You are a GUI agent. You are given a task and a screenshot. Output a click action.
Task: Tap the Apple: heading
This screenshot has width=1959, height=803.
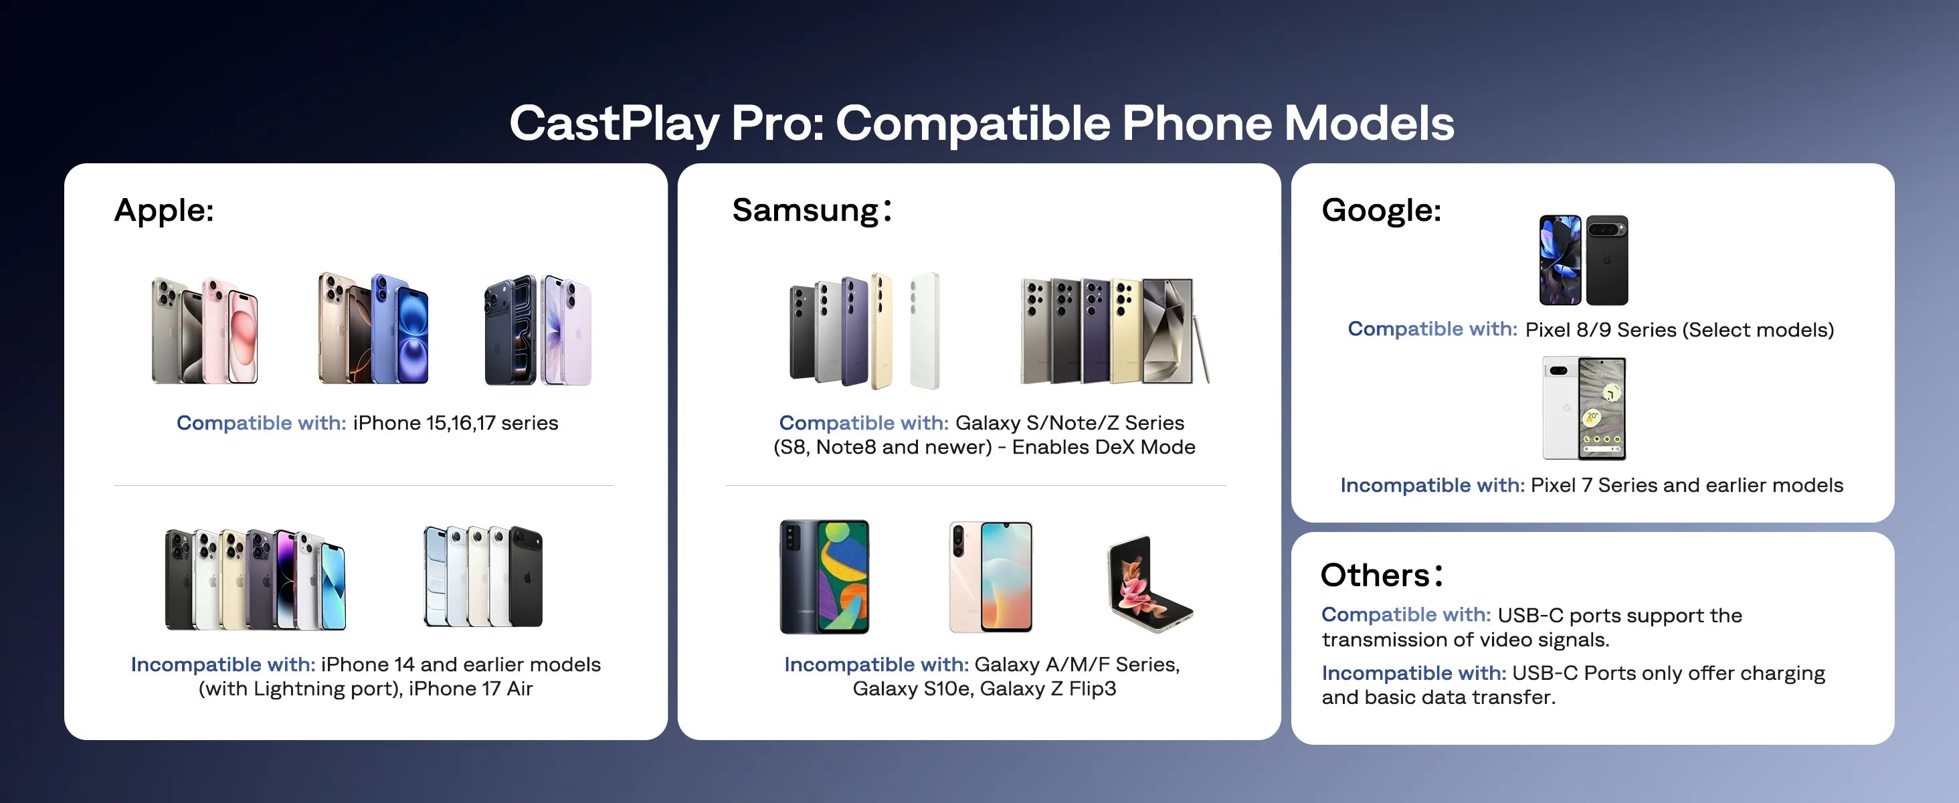(x=163, y=210)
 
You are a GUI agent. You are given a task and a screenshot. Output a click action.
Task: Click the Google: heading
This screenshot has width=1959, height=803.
(x=1381, y=210)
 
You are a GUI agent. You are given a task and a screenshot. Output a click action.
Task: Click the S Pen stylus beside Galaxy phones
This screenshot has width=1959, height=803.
(x=1201, y=350)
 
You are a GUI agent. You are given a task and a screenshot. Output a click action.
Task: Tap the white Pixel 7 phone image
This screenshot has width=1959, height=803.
(x=1559, y=409)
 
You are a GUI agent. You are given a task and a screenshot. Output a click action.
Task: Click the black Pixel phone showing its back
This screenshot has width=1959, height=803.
(x=1606, y=260)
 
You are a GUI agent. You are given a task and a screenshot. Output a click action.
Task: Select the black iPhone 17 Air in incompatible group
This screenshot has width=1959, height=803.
(x=525, y=576)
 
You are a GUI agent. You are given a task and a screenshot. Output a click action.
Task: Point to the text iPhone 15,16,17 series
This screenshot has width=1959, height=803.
(x=455, y=423)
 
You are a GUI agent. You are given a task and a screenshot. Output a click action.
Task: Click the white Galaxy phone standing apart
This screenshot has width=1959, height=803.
(x=925, y=331)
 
